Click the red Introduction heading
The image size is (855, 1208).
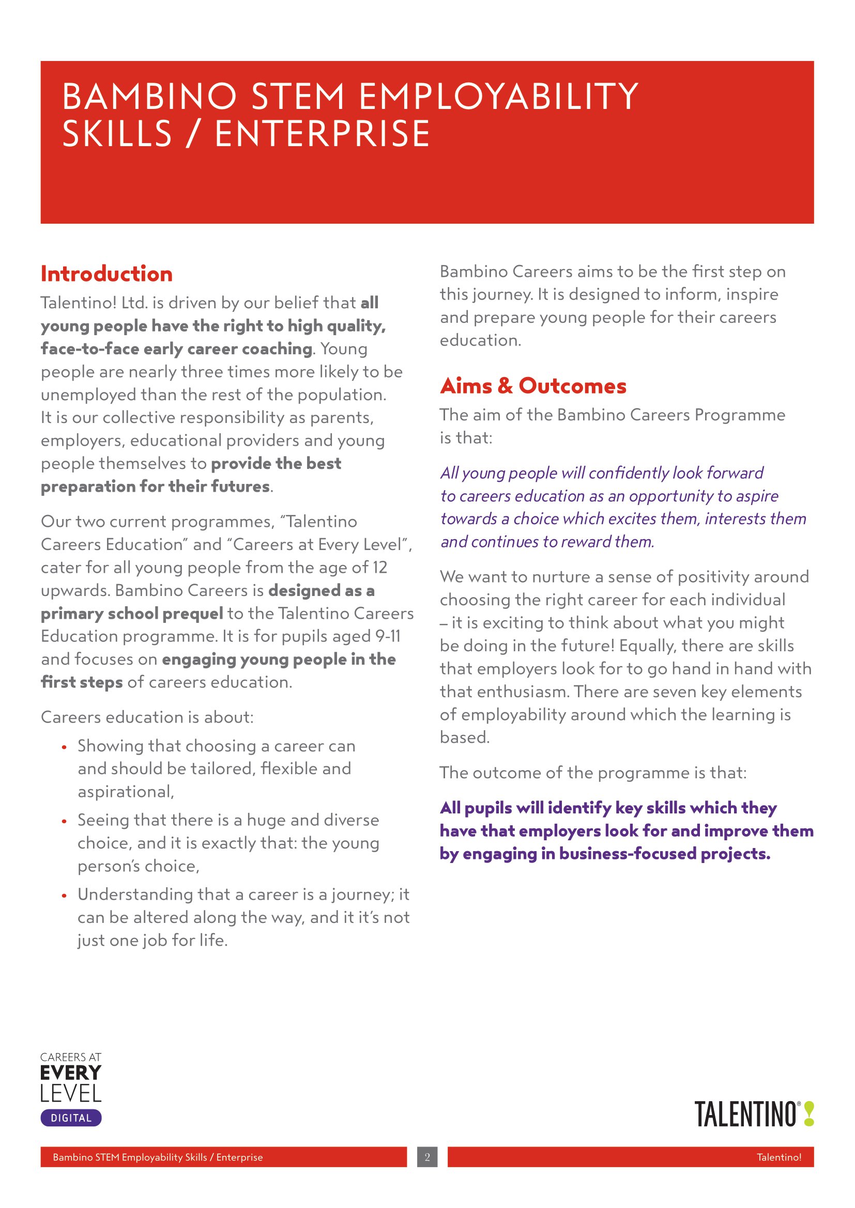106,274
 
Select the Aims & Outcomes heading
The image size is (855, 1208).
533,386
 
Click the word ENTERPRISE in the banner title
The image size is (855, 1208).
323,134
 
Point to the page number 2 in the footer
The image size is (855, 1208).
427,1157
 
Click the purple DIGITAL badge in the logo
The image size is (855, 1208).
71,1118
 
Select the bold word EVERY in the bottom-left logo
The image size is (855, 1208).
70,1073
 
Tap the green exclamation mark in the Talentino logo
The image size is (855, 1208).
809,1115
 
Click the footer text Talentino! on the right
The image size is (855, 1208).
778,1157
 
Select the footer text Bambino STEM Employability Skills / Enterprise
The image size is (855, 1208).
158,1157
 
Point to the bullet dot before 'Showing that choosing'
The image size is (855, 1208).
64,747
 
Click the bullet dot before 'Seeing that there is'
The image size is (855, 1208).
64,821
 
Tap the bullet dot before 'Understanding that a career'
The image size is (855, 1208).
64,896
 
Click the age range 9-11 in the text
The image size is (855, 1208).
388,637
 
